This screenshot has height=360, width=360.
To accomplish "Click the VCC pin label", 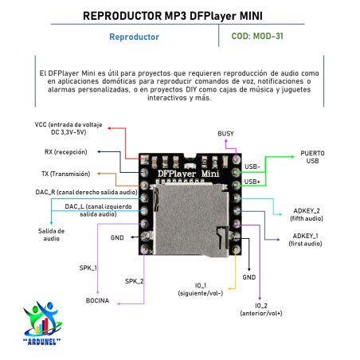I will (70, 128).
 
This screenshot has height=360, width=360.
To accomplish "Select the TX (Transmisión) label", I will (66, 173).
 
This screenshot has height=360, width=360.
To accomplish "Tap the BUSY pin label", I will (225, 132).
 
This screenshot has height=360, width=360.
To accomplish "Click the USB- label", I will (252, 167).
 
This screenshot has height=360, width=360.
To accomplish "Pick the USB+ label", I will (252, 182).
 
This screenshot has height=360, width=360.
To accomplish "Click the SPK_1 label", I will (88, 268).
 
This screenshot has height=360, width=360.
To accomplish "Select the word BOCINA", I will (99, 300).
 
